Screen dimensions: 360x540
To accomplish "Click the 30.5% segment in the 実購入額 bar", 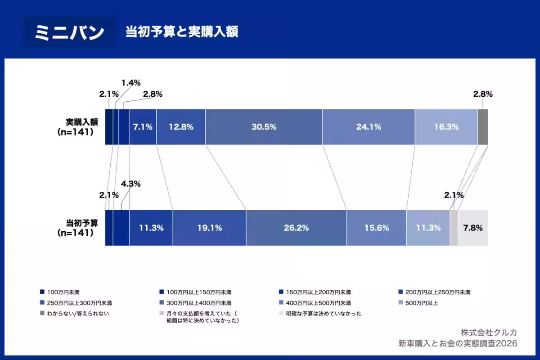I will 264,127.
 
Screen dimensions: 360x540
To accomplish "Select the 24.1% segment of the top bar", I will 369,127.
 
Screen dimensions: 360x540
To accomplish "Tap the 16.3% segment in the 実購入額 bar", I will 446,127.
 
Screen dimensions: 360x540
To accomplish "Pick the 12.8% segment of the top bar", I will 181,127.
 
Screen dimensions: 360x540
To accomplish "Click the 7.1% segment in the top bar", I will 143,127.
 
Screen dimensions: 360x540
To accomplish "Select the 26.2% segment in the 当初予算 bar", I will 296,228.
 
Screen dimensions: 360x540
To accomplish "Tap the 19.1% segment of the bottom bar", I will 209,228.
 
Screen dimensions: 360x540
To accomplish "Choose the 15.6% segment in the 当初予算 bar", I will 376,228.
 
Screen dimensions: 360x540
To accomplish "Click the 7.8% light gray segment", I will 472,228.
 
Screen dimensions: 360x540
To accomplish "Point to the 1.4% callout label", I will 131,83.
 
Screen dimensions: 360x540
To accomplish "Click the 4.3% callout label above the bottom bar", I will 131,184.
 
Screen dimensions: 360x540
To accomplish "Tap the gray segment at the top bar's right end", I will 482,127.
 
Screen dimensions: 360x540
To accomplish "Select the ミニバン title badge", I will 69,32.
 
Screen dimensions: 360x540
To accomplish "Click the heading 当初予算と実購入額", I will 182,32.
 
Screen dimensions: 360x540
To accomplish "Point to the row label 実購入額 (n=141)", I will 78,127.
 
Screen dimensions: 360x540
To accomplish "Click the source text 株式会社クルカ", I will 488,333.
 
